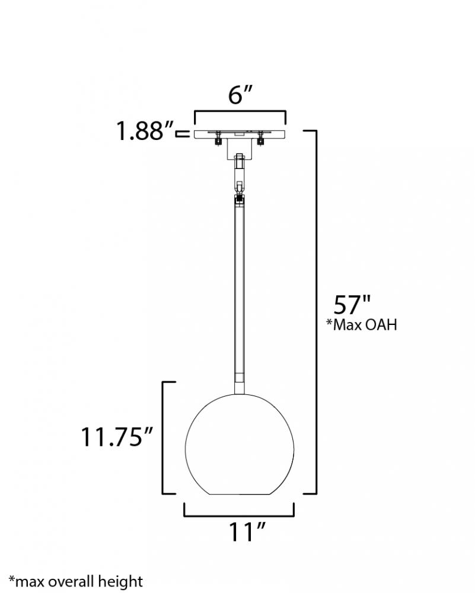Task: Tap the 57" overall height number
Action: (x=351, y=304)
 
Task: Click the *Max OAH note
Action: (x=362, y=324)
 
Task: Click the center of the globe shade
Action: (x=240, y=444)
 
